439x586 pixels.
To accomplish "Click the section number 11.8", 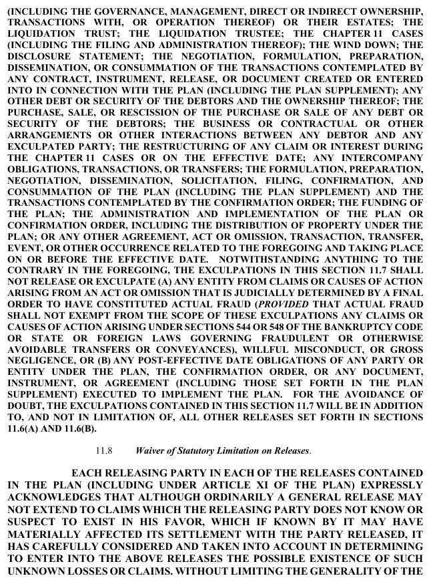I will click(x=105, y=451).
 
